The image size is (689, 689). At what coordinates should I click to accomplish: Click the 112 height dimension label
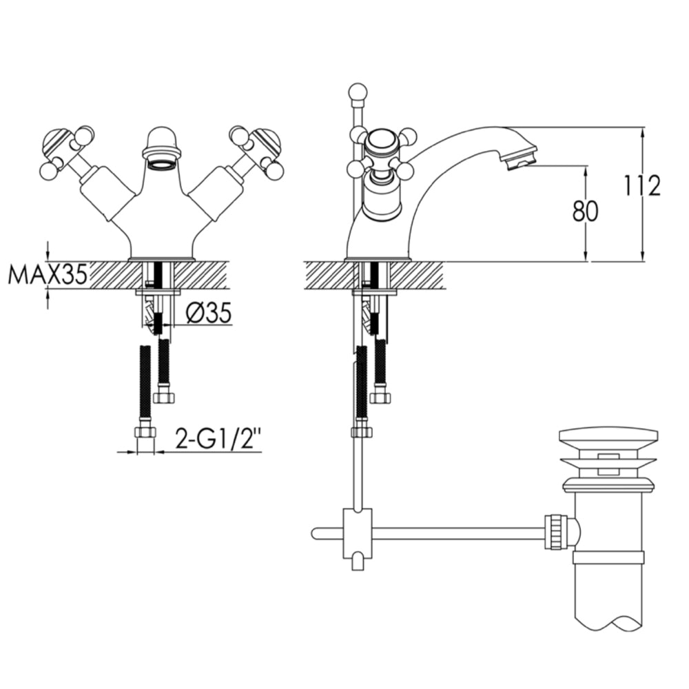click(x=642, y=186)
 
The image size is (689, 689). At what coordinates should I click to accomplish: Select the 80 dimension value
click(x=585, y=211)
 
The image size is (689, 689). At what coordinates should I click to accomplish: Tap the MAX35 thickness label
click(x=48, y=275)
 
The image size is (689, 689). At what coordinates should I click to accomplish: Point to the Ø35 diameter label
click(x=208, y=313)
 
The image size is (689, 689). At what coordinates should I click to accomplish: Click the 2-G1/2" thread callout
click(x=218, y=439)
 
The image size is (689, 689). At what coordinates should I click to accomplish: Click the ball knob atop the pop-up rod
click(x=358, y=91)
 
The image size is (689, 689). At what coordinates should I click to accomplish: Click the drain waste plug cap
click(x=608, y=436)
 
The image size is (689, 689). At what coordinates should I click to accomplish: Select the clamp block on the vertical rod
click(x=357, y=533)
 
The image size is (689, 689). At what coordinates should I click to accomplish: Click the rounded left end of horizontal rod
click(x=316, y=533)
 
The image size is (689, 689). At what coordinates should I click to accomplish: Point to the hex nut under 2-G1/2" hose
click(x=145, y=433)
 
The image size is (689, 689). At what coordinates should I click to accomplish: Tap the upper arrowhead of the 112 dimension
click(x=642, y=132)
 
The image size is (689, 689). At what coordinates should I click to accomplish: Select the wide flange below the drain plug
click(x=608, y=486)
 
